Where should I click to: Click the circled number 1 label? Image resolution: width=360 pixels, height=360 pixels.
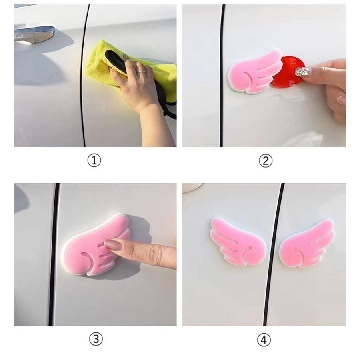click(94, 160)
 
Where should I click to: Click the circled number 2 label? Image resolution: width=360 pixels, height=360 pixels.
click(266, 160)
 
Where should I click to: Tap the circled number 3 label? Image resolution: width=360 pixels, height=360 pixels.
click(96, 339)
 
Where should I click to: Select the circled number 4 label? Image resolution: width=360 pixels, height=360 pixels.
click(264, 340)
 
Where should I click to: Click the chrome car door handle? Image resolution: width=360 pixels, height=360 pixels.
click(34, 34)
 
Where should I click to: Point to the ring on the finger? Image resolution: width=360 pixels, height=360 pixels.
click(142, 72)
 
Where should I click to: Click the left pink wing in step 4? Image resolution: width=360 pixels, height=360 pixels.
click(238, 241)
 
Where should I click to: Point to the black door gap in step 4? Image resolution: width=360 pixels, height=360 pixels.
click(273, 254)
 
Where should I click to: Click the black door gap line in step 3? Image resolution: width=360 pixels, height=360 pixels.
click(54, 254)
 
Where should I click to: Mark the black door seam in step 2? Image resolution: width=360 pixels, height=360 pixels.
click(222, 76)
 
